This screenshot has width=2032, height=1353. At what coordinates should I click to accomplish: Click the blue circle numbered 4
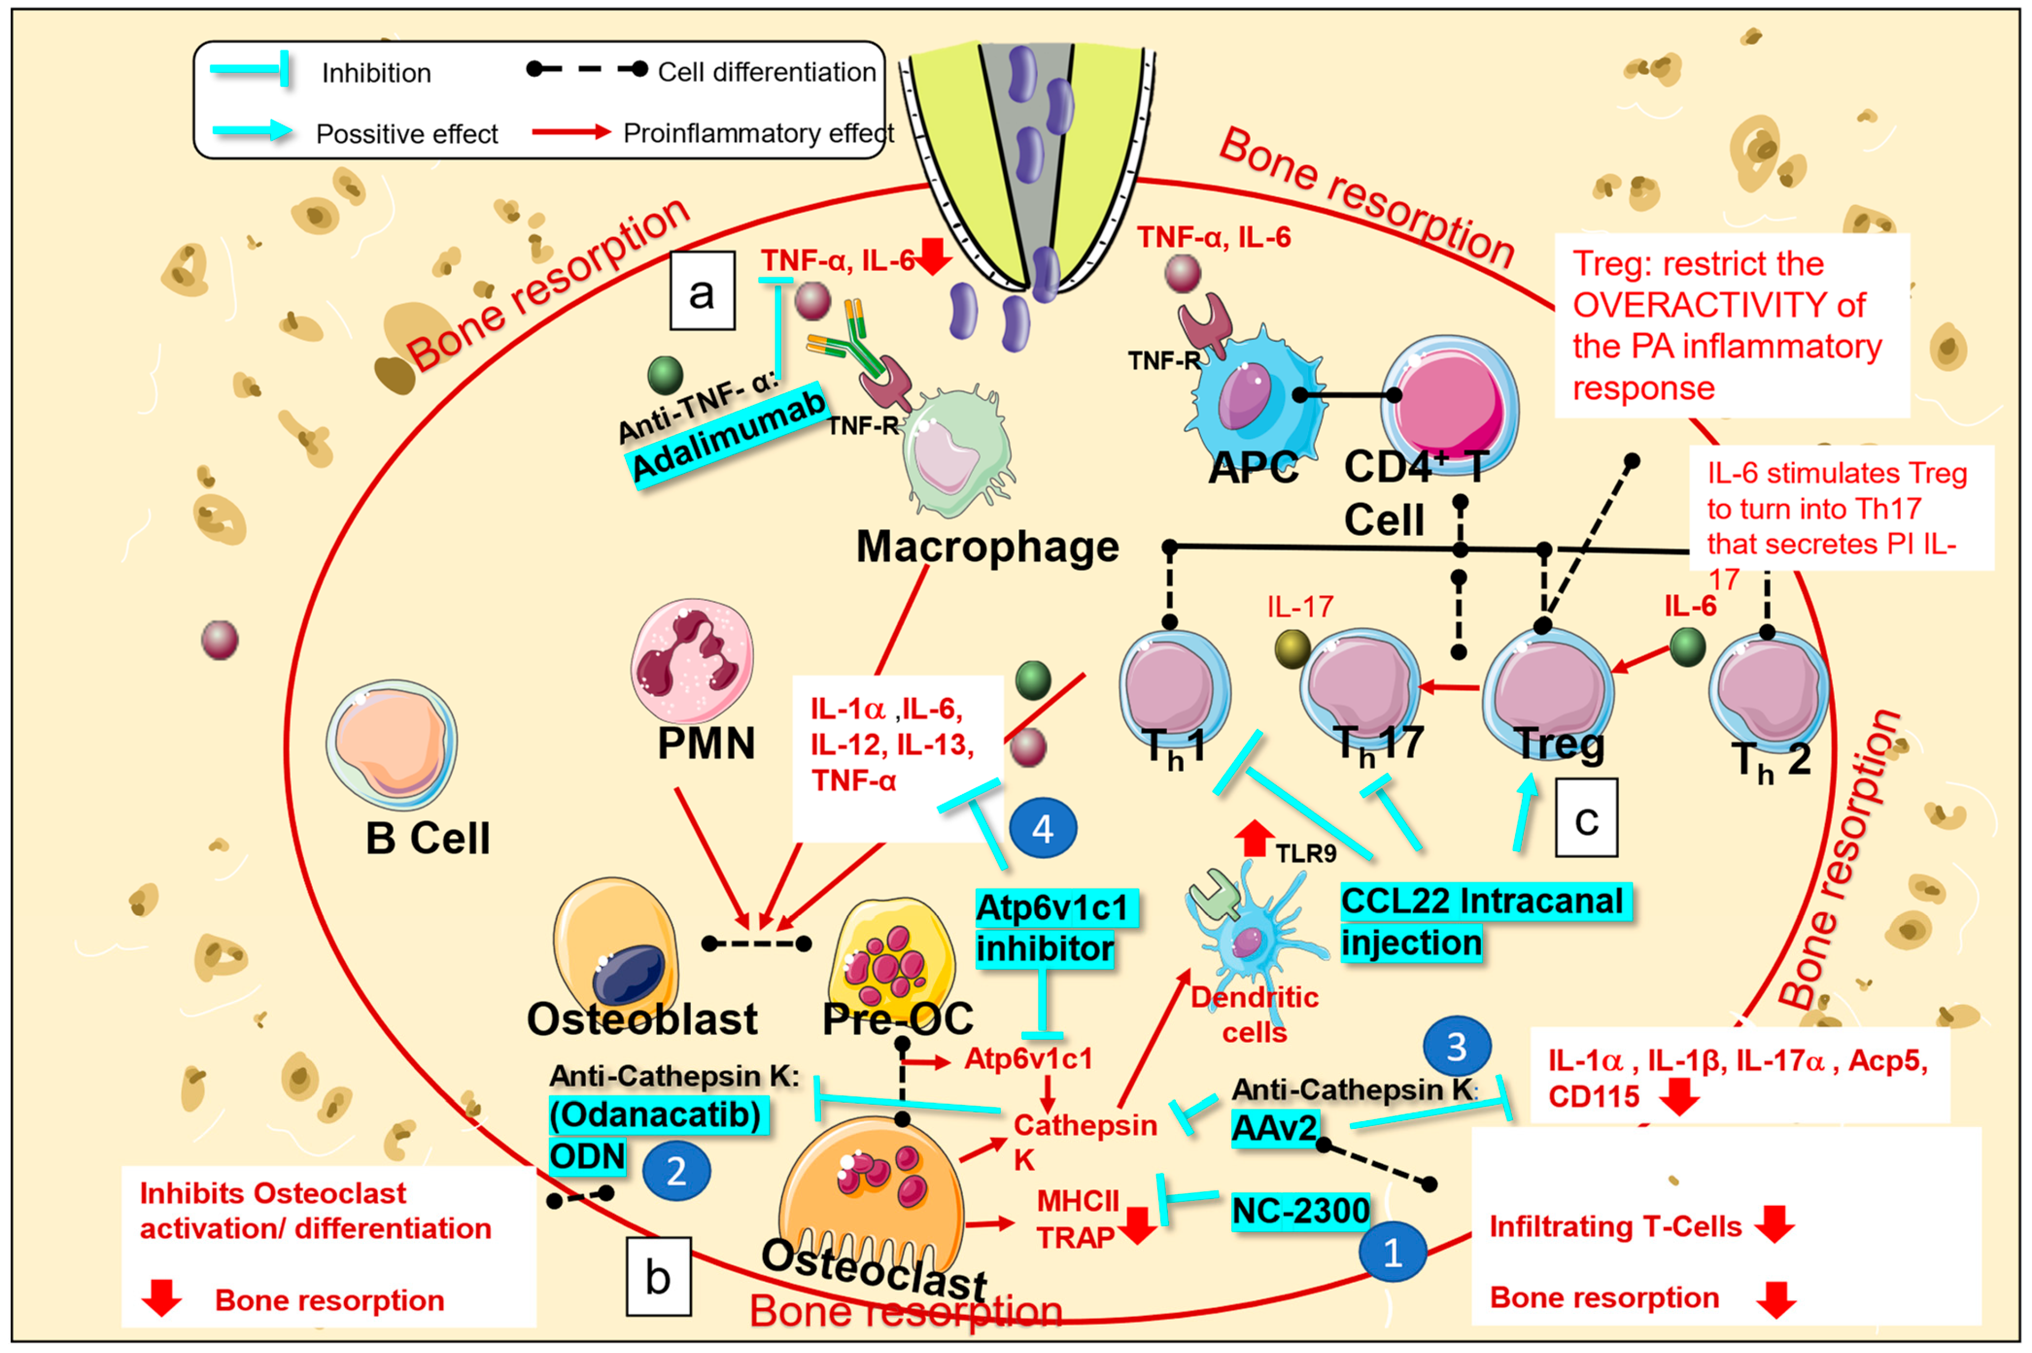1042,829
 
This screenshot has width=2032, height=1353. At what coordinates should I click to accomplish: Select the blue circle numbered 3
1456,1047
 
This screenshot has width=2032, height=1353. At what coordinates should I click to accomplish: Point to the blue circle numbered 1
1392,1251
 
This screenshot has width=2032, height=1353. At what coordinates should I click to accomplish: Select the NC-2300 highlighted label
1300,1211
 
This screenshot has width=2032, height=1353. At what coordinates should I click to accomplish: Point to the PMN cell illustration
692,660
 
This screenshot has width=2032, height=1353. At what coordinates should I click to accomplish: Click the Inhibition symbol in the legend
250,69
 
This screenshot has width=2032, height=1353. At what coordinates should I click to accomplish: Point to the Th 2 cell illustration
1767,690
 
